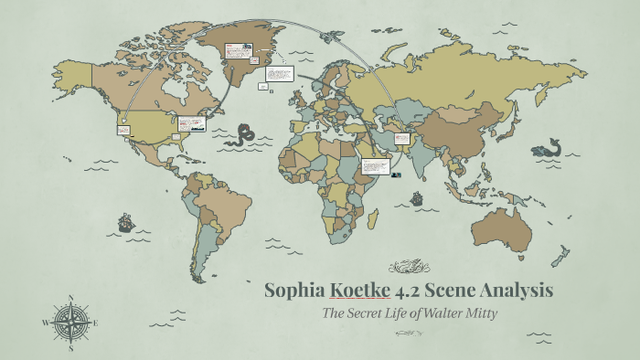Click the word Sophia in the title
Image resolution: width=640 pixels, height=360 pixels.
(293, 291)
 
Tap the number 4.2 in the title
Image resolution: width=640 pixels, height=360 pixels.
(406, 291)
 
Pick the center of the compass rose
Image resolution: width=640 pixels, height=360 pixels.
(70, 323)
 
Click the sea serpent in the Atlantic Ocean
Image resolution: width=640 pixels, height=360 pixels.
(242, 136)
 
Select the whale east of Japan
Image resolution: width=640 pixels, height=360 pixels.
(551, 145)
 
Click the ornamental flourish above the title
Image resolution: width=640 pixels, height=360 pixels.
(409, 268)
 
